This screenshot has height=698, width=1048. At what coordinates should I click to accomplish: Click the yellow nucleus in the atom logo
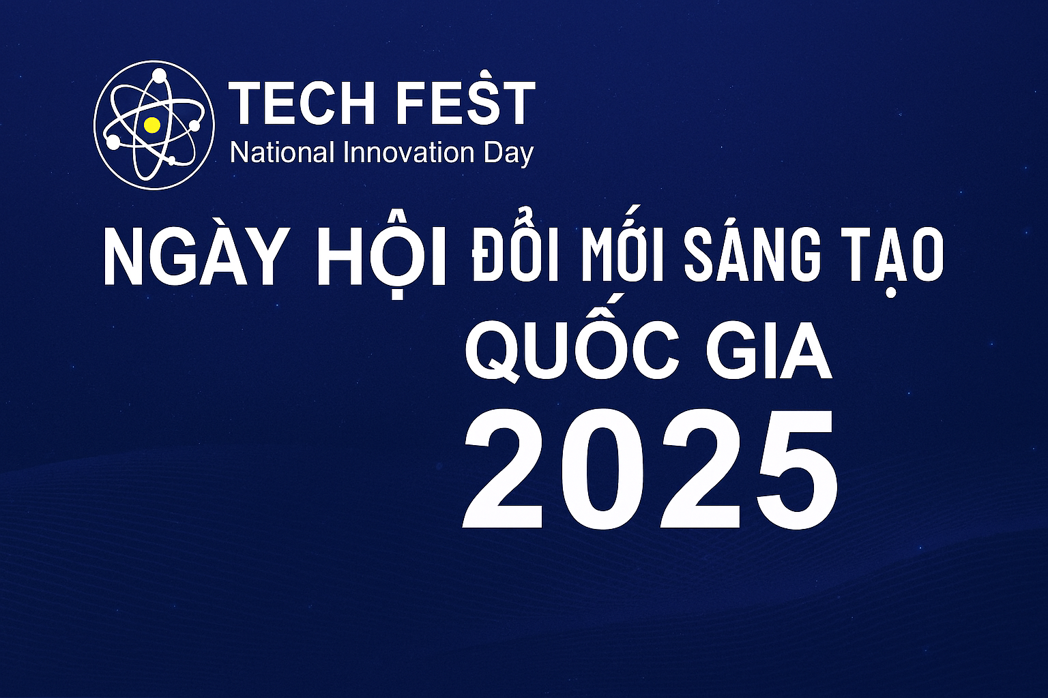point(152,125)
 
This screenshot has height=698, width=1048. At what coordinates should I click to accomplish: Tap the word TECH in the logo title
point(303,103)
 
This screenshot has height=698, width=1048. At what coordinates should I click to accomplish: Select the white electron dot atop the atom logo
point(159,75)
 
